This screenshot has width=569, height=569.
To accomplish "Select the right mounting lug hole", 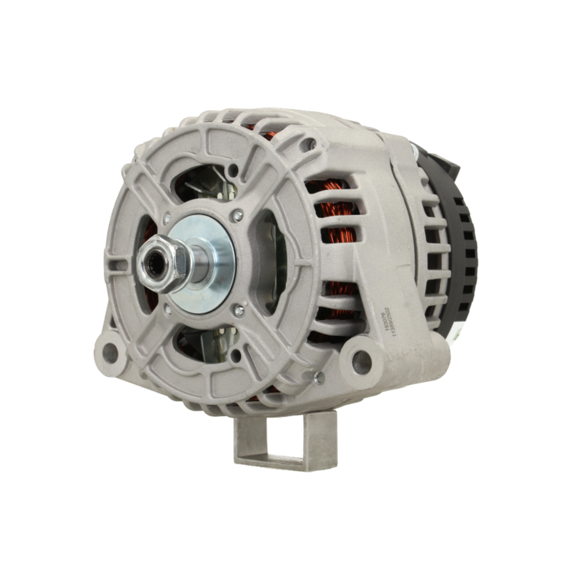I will (361, 362).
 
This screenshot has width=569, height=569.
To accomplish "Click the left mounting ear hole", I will (109, 353).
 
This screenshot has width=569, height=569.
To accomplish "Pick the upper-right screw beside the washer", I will (238, 215).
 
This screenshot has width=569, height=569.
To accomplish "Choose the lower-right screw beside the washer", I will (240, 310).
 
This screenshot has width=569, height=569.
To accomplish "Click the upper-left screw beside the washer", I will (167, 217).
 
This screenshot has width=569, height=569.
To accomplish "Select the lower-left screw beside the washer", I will (167, 310).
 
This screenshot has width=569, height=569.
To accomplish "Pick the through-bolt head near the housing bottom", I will (319, 377).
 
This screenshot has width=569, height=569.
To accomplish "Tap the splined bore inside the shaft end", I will (154, 263).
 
